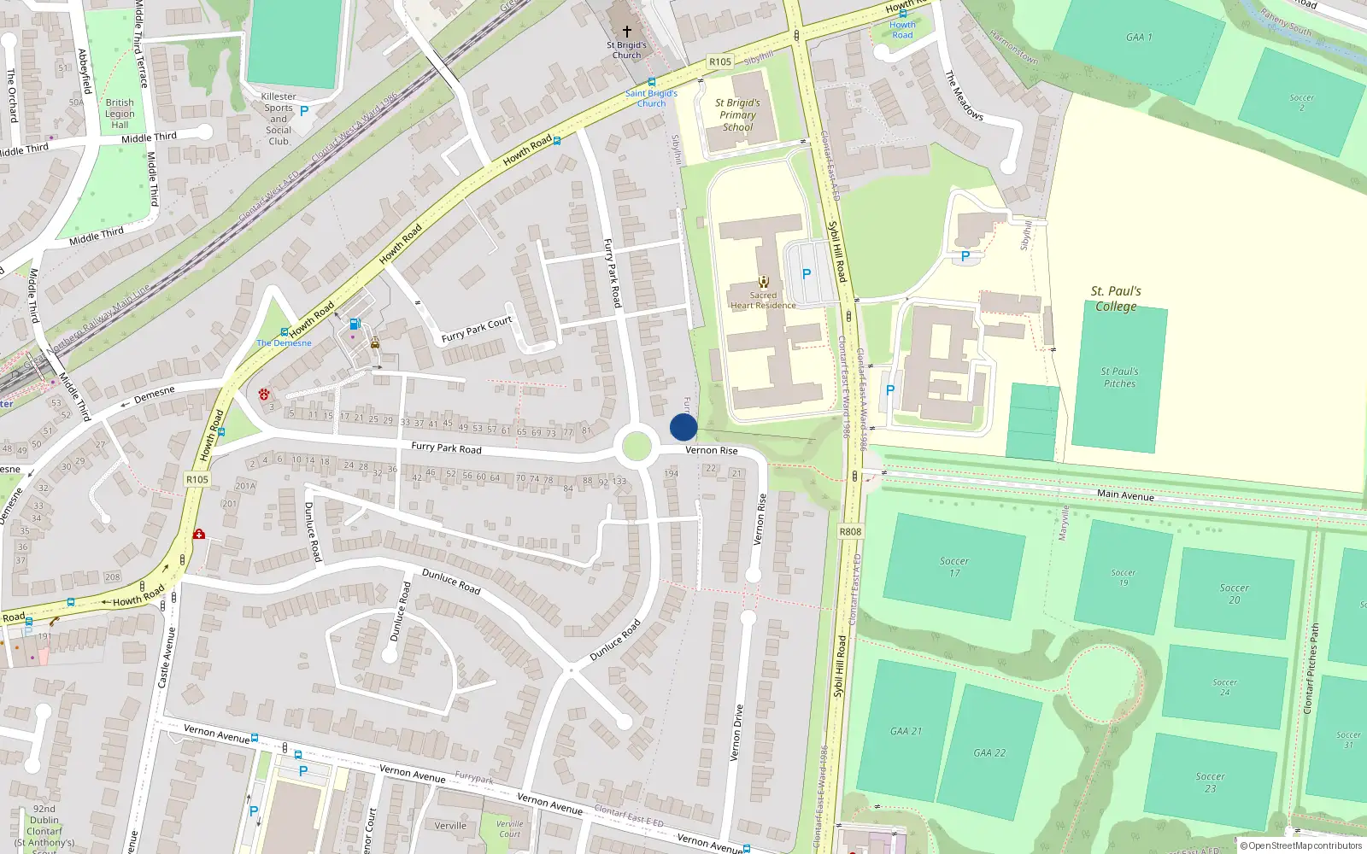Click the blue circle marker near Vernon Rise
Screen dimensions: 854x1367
683,427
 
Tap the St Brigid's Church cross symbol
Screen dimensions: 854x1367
626,31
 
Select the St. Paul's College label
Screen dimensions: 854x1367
1116,299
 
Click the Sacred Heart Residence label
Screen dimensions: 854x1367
763,301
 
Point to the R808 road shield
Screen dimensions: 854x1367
850,531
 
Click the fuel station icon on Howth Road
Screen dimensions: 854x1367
355,324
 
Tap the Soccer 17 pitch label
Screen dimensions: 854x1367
954,567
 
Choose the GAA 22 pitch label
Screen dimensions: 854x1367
989,753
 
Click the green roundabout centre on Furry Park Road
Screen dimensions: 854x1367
637,447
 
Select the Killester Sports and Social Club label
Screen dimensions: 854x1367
279,119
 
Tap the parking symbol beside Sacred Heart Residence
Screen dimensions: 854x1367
806,274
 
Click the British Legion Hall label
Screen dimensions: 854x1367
120,114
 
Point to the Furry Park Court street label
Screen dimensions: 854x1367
477,329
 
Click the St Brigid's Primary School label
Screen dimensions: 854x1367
737,114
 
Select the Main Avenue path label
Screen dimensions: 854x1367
1125,495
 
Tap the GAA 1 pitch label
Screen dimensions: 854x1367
1139,37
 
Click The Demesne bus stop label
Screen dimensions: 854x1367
285,342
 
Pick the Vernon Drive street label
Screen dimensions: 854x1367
736,733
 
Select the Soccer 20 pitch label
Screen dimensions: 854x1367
1234,594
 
